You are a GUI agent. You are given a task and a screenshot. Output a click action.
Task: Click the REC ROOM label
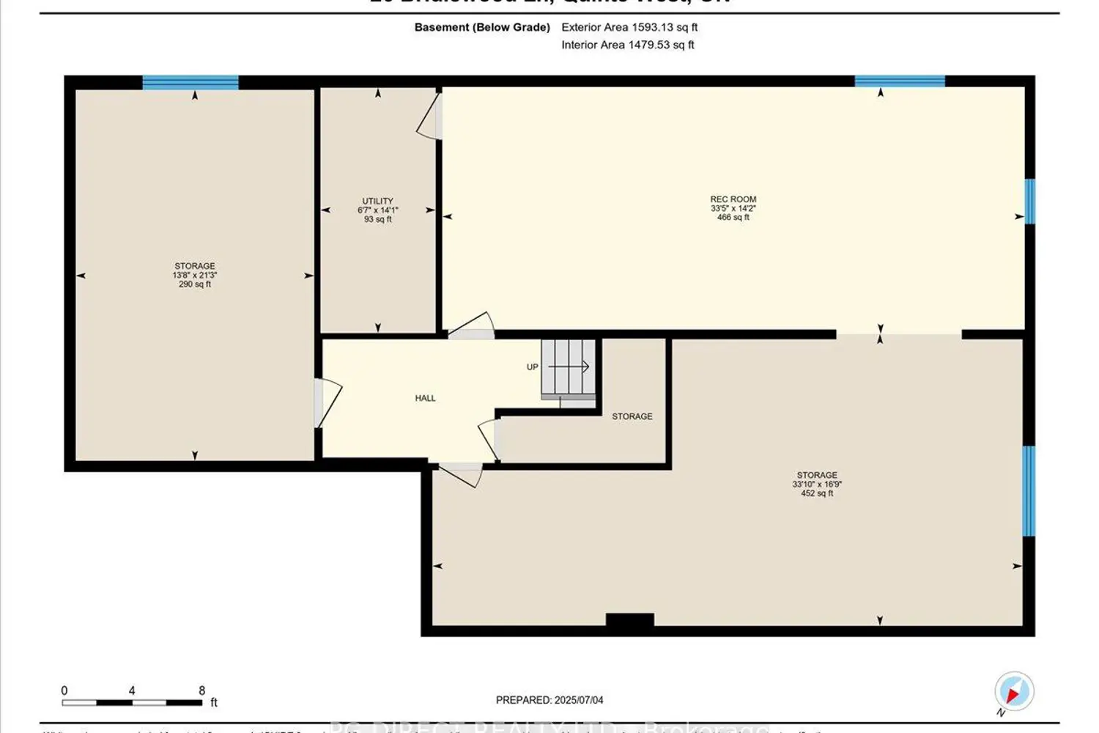click(733, 199)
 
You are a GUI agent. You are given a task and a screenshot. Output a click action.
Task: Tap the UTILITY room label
click(377, 201)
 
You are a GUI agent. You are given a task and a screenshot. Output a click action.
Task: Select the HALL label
click(425, 398)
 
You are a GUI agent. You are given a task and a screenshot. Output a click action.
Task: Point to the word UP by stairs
click(533, 367)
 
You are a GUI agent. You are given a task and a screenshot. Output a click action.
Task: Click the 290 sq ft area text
click(195, 284)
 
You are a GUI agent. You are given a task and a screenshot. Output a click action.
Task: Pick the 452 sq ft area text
click(817, 493)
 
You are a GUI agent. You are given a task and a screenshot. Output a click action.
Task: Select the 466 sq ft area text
click(733, 218)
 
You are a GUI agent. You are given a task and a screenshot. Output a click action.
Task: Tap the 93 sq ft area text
click(377, 219)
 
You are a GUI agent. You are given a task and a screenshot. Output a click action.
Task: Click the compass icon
click(1014, 691)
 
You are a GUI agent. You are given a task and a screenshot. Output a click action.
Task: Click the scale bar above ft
click(132, 703)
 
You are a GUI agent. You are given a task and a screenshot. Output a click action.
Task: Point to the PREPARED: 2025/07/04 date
click(549, 700)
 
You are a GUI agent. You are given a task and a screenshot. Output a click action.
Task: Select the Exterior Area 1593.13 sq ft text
click(629, 27)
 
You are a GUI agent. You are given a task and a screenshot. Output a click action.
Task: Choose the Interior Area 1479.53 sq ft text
click(628, 45)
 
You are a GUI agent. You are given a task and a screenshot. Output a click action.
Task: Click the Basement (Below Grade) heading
click(482, 27)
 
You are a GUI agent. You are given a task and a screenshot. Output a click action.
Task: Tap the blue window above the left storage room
click(190, 82)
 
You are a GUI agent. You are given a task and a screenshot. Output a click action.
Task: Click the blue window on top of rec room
click(900, 81)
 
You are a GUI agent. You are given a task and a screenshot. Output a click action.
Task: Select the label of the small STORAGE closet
click(632, 416)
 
